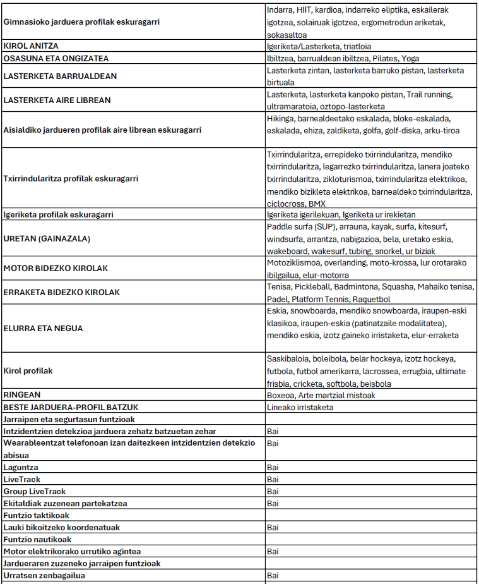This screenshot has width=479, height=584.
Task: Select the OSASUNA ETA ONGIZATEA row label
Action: [x=56, y=59]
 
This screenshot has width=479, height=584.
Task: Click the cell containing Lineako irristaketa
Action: [x=300, y=407]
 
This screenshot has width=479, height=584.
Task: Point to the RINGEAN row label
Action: [x=23, y=395]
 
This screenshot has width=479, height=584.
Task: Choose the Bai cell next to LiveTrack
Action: [x=273, y=480]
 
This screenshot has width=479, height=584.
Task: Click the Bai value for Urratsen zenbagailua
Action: [x=273, y=576]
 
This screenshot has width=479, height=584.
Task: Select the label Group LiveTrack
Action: [x=35, y=492]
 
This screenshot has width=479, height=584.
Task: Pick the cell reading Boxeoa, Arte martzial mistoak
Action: [x=321, y=395]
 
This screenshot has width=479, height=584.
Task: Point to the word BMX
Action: [x=316, y=204]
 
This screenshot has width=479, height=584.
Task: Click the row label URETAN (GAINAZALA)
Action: [x=47, y=238]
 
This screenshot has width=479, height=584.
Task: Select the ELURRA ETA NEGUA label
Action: [x=43, y=329]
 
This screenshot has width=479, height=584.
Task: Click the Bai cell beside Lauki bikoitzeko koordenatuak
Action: [x=273, y=528]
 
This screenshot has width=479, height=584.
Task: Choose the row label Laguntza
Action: [x=21, y=468]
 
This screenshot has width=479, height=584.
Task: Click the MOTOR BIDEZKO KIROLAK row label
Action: [x=56, y=269]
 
